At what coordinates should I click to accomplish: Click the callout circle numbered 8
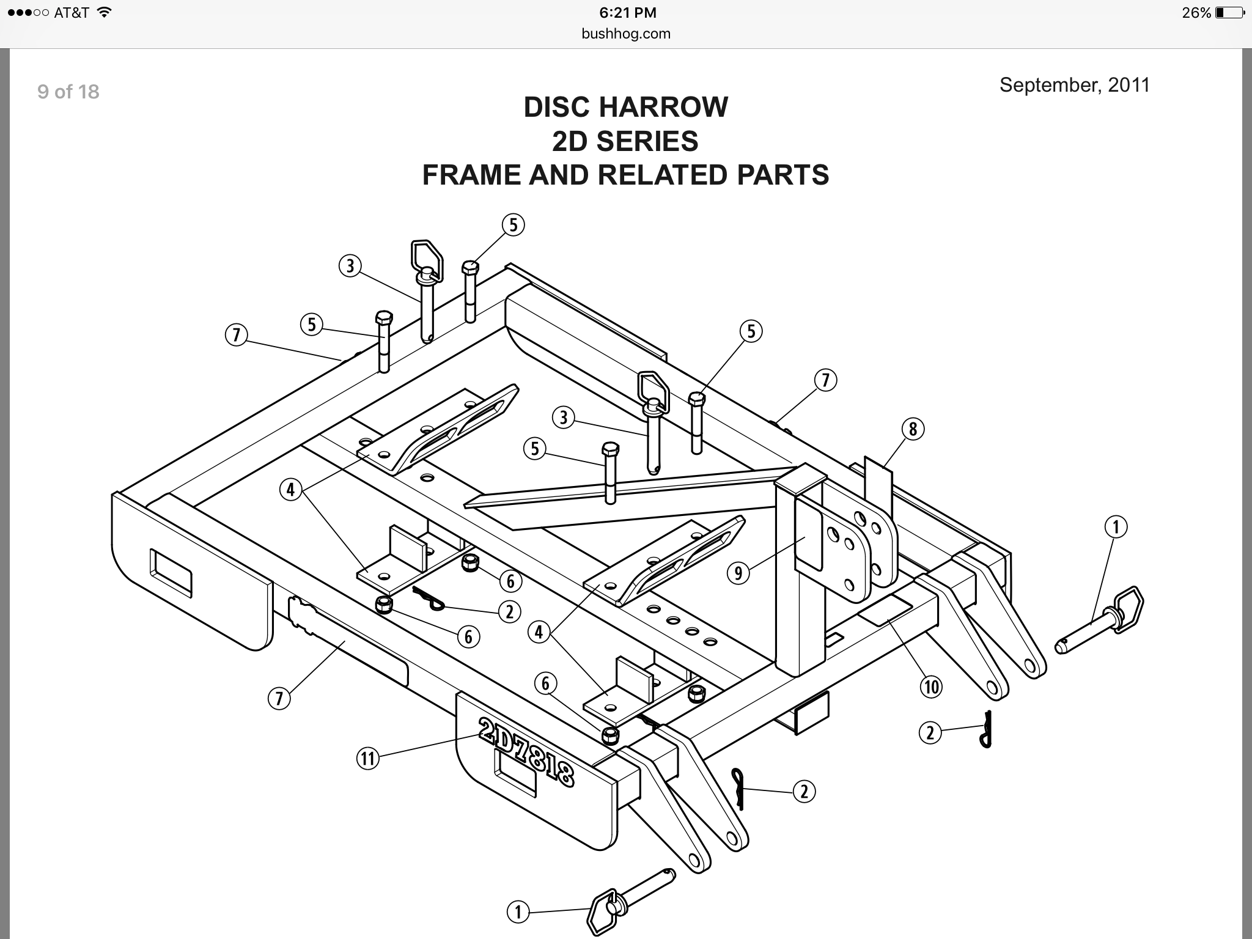tap(913, 429)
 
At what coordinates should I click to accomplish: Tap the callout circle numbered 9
tap(738, 573)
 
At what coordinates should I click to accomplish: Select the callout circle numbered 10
tap(931, 687)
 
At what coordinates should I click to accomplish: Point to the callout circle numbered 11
tap(367, 759)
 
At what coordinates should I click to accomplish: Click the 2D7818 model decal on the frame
tap(526, 751)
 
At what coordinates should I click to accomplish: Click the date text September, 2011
tap(1074, 85)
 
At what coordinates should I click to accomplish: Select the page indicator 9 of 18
tap(68, 92)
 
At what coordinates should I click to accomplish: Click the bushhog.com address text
tap(626, 34)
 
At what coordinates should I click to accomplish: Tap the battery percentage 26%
tap(1196, 13)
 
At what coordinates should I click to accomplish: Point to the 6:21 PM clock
tap(628, 12)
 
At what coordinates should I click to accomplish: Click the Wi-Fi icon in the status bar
tap(104, 12)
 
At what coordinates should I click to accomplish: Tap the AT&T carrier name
tap(72, 13)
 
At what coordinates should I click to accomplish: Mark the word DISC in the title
tap(558, 107)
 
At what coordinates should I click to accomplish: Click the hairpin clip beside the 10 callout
tap(985, 729)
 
